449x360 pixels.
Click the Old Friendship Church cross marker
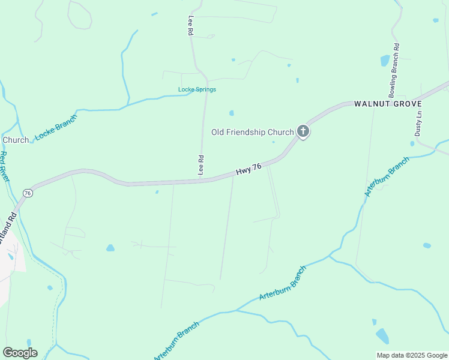[x=303, y=131]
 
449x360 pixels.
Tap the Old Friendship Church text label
[x=252, y=132]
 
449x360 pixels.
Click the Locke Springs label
[x=197, y=90]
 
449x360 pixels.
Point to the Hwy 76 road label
[x=249, y=170]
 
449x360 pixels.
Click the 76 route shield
[x=28, y=193]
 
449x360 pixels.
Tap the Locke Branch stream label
[x=56, y=127]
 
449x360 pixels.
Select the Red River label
[x=4, y=167]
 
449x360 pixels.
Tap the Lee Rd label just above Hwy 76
[x=202, y=165]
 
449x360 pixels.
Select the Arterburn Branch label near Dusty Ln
[x=387, y=176]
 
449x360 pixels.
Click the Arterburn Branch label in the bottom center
[x=282, y=283]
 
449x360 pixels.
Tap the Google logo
[x=20, y=353]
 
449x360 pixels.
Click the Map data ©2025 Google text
[x=412, y=355]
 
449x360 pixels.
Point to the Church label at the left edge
[x=16, y=140]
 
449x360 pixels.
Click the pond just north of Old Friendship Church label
[x=231, y=113]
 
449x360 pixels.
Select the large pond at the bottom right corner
[x=382, y=335]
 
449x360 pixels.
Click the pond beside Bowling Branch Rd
[x=385, y=61]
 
